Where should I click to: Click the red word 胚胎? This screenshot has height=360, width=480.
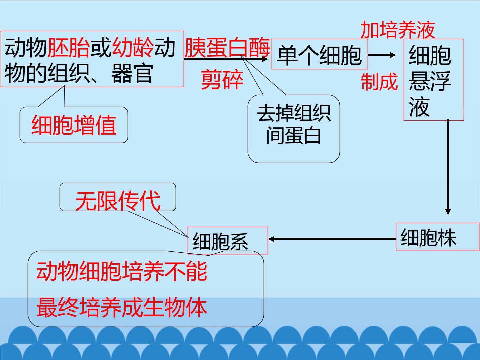[69, 47]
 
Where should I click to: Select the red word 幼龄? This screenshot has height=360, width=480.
[133, 47]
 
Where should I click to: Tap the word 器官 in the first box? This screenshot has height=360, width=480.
[132, 73]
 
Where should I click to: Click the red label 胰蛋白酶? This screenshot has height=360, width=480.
[227, 47]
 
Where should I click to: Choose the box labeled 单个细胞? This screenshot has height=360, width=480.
[319, 54]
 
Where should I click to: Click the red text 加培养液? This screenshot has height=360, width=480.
[398, 30]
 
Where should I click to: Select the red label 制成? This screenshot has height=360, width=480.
[379, 82]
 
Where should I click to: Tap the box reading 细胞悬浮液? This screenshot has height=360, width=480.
[434, 80]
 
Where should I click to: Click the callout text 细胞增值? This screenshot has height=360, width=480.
[74, 125]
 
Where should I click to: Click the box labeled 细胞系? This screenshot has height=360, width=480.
[228, 240]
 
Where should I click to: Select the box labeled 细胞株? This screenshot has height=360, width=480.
[438, 237]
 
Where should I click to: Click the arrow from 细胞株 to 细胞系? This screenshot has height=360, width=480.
[332, 239]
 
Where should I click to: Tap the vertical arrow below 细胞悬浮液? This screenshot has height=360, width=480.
[448, 167]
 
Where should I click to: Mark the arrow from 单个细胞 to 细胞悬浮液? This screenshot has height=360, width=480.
[382, 55]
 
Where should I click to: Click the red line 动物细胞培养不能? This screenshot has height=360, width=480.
[122, 271]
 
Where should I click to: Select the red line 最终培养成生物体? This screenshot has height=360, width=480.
[122, 307]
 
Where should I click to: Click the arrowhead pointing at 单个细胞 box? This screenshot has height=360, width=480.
[265, 59]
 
